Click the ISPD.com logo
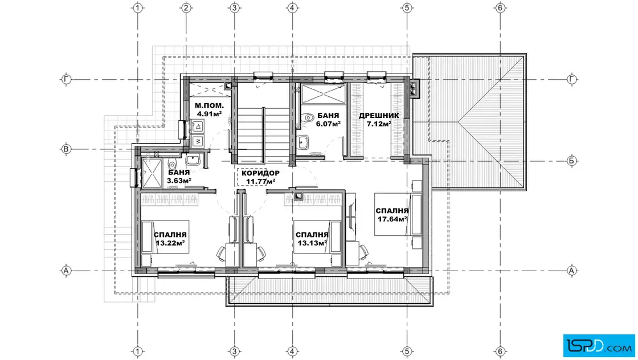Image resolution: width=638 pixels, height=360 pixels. (x=599, y=346)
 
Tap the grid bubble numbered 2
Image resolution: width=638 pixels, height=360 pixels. (x=186, y=8)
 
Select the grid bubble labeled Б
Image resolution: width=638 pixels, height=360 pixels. (x=572, y=161)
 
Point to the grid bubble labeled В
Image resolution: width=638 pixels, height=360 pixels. (x=66, y=149)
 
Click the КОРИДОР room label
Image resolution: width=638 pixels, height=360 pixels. (x=260, y=173)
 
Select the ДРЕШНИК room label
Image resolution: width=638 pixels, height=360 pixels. (x=379, y=116)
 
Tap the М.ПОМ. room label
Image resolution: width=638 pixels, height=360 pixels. (x=209, y=106)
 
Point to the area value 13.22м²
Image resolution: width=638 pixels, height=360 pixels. (x=170, y=243)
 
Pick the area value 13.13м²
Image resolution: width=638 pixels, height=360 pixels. (x=312, y=243)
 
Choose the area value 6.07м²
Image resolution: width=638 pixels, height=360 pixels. (x=328, y=124)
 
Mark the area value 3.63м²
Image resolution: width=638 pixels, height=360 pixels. (x=179, y=181)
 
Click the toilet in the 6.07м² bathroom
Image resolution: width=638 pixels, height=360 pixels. (x=308, y=117)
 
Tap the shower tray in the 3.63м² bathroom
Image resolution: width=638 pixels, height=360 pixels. (x=152, y=174)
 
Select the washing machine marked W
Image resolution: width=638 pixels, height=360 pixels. (x=198, y=142)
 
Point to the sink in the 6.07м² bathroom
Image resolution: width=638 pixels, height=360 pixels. (x=302, y=142)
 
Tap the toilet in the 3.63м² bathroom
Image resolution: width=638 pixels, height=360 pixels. (x=172, y=165)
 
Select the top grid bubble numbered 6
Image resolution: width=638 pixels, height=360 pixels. (x=500, y=8)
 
